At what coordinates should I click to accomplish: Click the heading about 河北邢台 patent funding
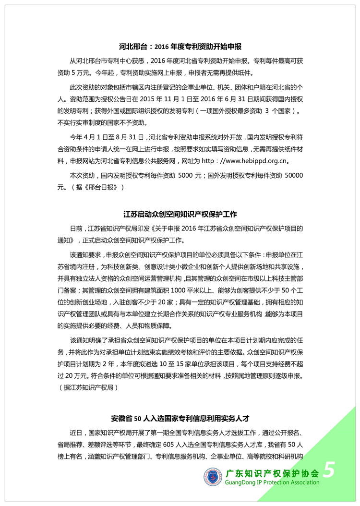click(180, 47)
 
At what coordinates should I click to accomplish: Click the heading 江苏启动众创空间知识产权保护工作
click(180, 214)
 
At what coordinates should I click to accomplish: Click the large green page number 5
click(329, 470)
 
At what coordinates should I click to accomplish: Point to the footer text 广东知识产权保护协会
click(272, 472)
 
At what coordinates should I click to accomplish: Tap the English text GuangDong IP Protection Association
click(272, 482)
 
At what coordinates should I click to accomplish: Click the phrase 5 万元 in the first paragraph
click(87, 73)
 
